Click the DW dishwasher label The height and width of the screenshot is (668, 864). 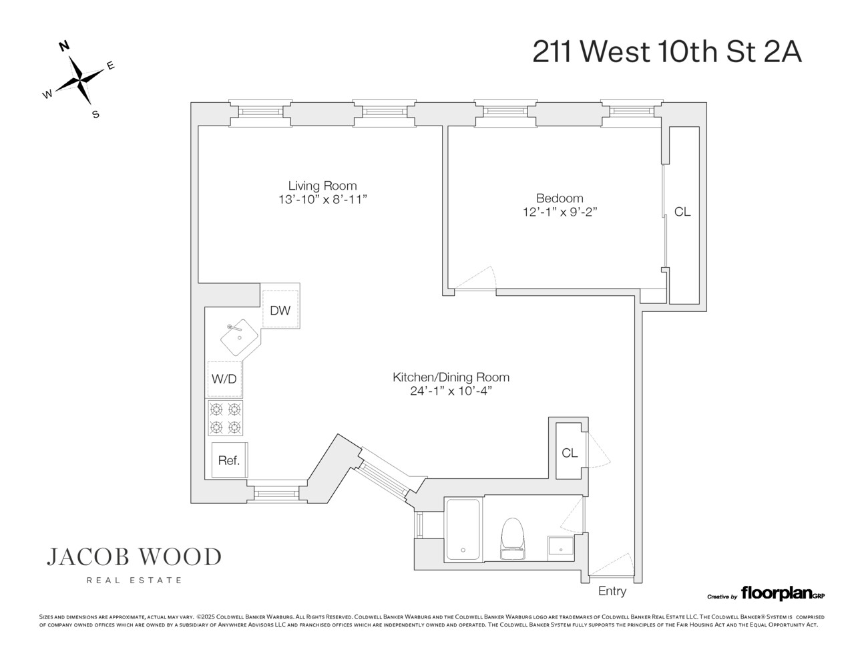pyautogui.click(x=280, y=310)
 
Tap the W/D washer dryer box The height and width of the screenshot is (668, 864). pyautogui.click(x=224, y=379)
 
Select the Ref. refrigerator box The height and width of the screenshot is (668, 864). pyautogui.click(x=229, y=460)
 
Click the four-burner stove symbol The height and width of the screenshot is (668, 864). pyautogui.click(x=225, y=418)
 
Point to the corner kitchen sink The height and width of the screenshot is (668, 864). pyautogui.click(x=239, y=337)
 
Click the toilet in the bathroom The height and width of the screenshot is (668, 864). pyautogui.click(x=513, y=538)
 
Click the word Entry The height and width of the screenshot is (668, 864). pyautogui.click(x=612, y=591)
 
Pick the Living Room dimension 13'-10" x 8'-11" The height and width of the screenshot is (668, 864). pyautogui.click(x=323, y=200)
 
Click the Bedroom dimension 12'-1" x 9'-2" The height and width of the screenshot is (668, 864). pyautogui.click(x=559, y=212)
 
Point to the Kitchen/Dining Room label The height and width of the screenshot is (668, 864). pyautogui.click(x=451, y=377)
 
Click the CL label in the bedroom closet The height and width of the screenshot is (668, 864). pyautogui.click(x=682, y=212)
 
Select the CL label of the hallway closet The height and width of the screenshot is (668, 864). pyautogui.click(x=570, y=453)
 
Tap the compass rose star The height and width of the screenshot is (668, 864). pyautogui.click(x=79, y=80)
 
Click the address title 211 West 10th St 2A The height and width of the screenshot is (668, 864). pyautogui.click(x=666, y=51)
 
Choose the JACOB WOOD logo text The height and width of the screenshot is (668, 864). pyautogui.click(x=134, y=556)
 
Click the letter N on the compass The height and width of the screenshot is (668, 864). pyautogui.click(x=64, y=46)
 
